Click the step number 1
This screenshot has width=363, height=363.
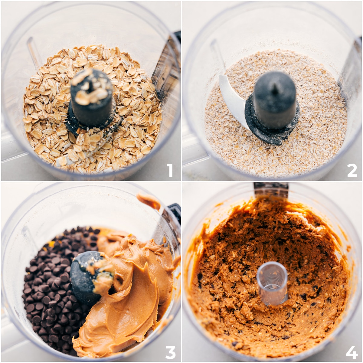tap(170, 170)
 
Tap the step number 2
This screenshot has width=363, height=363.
tap(352, 170)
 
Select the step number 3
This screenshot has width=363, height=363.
tap(170, 352)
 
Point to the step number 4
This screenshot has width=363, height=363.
tap(352, 352)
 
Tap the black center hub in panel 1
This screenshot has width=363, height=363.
tap(91, 103)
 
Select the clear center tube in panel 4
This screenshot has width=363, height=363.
tap(272, 283)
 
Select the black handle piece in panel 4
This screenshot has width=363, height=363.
tap(271, 189)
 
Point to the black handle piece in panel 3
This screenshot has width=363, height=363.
tap(174, 212)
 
